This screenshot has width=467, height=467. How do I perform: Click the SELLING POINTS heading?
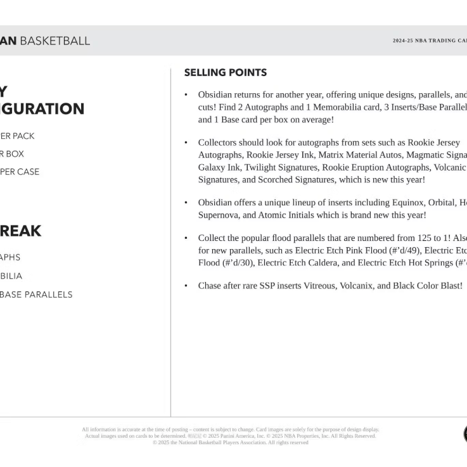tap(225, 73)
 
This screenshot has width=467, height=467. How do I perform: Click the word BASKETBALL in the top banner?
tap(54, 41)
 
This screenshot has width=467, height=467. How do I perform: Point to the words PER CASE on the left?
tap(20, 172)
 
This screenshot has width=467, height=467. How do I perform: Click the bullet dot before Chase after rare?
tap(186, 286)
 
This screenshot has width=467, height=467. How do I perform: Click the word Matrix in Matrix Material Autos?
tap(332, 155)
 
